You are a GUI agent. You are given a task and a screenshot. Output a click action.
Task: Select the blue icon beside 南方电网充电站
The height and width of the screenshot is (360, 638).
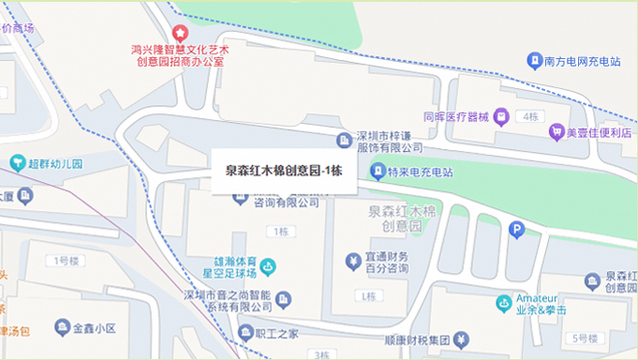point(534,62)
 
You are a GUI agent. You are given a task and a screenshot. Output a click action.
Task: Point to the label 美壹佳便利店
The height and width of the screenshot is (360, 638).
point(595,132)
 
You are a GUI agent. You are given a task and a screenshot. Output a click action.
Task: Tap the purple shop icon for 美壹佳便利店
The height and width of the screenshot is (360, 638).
point(555,132)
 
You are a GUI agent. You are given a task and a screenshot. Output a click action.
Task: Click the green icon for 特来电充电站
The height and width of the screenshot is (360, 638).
point(378,172)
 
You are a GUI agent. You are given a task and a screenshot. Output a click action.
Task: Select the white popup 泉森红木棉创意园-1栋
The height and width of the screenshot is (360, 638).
point(284,172)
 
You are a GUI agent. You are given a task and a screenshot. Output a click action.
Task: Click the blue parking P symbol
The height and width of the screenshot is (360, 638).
point(515,229)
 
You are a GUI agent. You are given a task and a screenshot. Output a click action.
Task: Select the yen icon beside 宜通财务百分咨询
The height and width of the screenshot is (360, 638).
point(353,261)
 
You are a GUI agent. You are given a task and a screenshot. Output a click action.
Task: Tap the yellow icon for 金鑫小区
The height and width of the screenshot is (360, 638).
point(64,328)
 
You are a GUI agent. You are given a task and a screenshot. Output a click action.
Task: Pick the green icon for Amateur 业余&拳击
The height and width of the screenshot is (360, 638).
point(504,302)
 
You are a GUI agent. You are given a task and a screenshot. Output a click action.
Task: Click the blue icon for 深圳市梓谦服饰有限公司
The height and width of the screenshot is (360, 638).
point(344,141)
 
